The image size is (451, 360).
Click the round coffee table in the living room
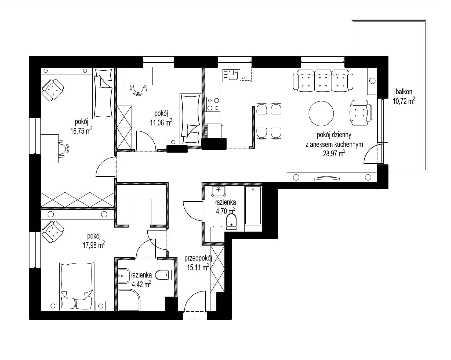321,113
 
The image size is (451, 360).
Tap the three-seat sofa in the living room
322,80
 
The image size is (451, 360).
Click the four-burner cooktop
213,105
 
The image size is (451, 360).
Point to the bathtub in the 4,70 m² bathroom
253,205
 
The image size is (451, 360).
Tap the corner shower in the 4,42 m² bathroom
129,300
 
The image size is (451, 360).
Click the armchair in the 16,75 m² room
53,90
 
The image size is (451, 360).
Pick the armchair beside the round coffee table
361,113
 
